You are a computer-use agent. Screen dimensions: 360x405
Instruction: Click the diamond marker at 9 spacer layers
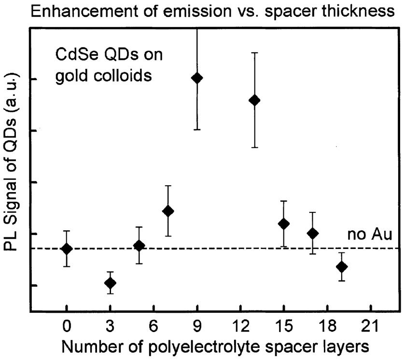coord(197,78)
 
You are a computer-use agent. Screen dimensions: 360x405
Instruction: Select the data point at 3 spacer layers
coord(110,283)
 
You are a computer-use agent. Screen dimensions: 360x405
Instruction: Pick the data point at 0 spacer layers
coord(67,249)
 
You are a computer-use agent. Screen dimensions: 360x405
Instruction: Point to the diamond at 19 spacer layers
coord(342,266)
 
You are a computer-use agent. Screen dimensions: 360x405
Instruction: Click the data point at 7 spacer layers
coord(168,211)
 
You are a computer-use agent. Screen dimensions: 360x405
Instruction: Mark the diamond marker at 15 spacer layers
coord(284,223)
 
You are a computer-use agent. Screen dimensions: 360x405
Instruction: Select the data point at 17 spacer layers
coord(313,233)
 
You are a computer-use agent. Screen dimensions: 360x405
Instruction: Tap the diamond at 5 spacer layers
coord(139,246)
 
